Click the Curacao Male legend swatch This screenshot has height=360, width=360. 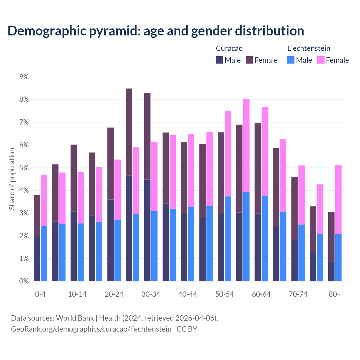[220, 60]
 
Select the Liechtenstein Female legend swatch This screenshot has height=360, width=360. [321, 60]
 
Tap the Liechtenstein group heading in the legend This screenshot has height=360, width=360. [309, 48]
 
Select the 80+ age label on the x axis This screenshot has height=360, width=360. [335, 294]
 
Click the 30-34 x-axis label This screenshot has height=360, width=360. [151, 294]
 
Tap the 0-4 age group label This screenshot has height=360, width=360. [40, 294]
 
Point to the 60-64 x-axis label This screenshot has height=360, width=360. [261, 294]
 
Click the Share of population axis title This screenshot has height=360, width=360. [12, 179]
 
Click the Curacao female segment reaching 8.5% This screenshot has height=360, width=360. [129, 132]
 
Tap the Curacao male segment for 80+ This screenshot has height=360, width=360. [331, 271]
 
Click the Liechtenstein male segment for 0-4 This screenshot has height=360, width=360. [44, 253]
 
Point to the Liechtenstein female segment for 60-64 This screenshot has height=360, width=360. [265, 152]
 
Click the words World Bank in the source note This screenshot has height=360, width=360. [75, 318]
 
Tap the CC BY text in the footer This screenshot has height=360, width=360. [187, 329]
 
